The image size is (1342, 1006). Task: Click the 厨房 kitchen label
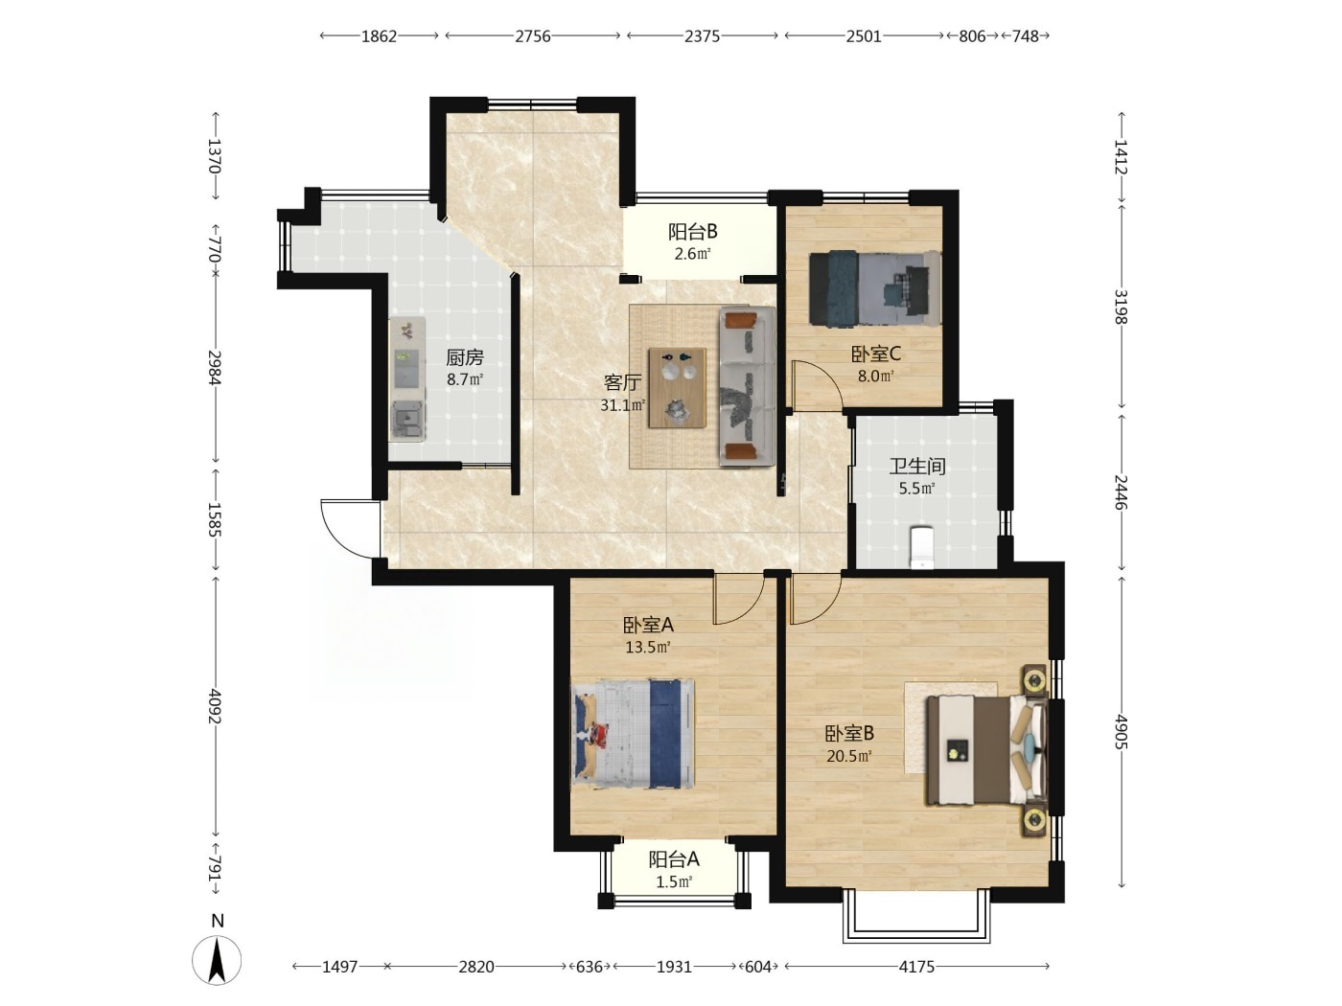[x=465, y=357]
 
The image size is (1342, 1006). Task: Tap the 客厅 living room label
[x=622, y=383]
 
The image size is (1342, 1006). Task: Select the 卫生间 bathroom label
[x=917, y=467]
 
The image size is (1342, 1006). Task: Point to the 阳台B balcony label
[x=692, y=232]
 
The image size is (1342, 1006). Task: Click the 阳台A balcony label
[x=674, y=860]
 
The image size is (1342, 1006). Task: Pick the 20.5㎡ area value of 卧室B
[x=848, y=756]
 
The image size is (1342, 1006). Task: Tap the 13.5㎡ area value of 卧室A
[x=648, y=647]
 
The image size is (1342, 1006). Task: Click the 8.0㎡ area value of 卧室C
[x=875, y=377]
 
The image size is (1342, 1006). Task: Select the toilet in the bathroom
[x=922, y=547]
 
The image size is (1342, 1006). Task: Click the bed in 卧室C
[x=875, y=288]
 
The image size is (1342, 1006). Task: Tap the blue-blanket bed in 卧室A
[x=633, y=734]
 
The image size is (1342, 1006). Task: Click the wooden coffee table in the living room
[x=678, y=388]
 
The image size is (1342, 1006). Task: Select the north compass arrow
[x=217, y=960]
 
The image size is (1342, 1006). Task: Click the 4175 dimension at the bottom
[x=916, y=967]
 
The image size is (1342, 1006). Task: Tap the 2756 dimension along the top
[x=533, y=36]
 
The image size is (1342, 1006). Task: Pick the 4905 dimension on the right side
[x=1122, y=731]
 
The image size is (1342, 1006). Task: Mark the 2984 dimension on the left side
[x=215, y=367]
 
